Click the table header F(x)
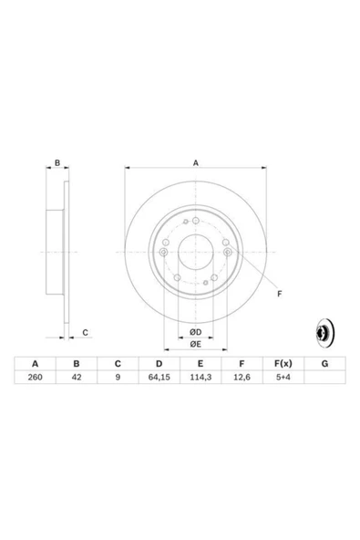(283, 361)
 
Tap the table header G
(324, 361)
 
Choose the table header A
(35, 361)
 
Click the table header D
(159, 361)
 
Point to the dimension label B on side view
(57, 163)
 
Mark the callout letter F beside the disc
(279, 292)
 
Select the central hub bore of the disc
(194, 251)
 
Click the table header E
(201, 361)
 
